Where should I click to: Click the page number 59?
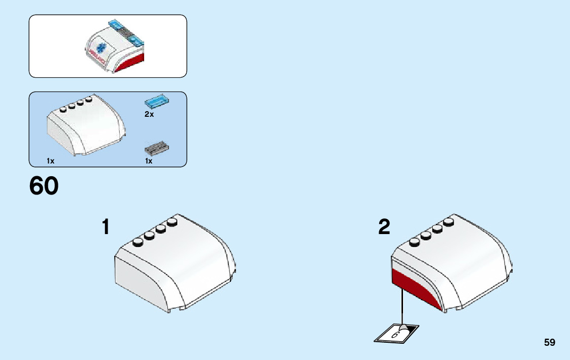point(550,343)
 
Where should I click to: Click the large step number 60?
point(44,186)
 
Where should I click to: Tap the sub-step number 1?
point(106,227)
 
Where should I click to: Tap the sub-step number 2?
point(384,227)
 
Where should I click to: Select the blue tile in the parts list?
point(157,101)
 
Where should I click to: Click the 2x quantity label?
point(149,115)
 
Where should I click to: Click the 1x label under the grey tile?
point(149,161)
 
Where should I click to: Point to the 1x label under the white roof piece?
point(50,161)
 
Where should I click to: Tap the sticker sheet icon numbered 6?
point(396,333)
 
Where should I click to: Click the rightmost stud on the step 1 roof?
point(173,222)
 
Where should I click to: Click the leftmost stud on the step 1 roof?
point(137,243)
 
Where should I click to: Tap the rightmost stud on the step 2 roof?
point(448,222)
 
